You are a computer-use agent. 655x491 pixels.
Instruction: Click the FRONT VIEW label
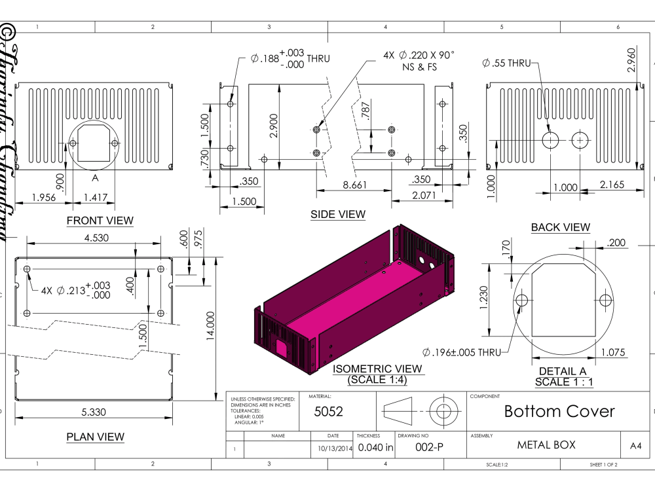pyautogui.click(x=100, y=221)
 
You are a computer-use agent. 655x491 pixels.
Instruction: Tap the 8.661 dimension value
pyautogui.click(x=355, y=185)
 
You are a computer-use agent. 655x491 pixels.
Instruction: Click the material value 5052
pyautogui.click(x=328, y=412)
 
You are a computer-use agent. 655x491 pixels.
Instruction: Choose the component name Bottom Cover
pyautogui.click(x=559, y=411)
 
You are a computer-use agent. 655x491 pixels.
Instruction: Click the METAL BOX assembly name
pyautogui.click(x=546, y=445)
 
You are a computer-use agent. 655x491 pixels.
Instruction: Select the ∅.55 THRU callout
pyautogui.click(x=506, y=63)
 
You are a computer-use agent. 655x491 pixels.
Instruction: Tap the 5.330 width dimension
pyautogui.click(x=96, y=412)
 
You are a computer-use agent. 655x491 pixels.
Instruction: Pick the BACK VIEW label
pyautogui.click(x=560, y=227)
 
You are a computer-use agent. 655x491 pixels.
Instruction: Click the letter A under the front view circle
pyautogui.click(x=95, y=177)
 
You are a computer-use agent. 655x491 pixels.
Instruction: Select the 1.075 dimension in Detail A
pyautogui.click(x=613, y=352)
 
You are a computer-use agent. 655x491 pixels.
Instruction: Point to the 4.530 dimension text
pyautogui.click(x=97, y=237)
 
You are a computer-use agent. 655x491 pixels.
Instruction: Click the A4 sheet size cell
pyautogui.click(x=635, y=446)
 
